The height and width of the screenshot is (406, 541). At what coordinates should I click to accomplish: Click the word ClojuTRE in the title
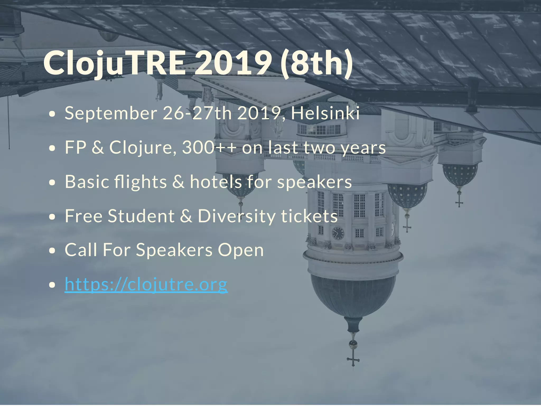tap(114, 63)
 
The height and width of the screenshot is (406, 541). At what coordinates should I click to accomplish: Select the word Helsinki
tap(325, 113)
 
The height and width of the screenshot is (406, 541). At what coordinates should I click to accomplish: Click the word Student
tap(141, 216)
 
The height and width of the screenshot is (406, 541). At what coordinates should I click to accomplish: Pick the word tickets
tap(309, 216)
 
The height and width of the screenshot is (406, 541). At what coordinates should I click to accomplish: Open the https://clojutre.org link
tap(146, 285)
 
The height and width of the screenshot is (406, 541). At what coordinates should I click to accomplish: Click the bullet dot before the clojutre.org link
tap(53, 285)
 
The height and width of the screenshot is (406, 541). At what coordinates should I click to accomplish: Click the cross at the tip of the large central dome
tap(353, 360)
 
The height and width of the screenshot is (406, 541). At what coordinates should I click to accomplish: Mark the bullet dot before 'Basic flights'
tap(53, 182)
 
